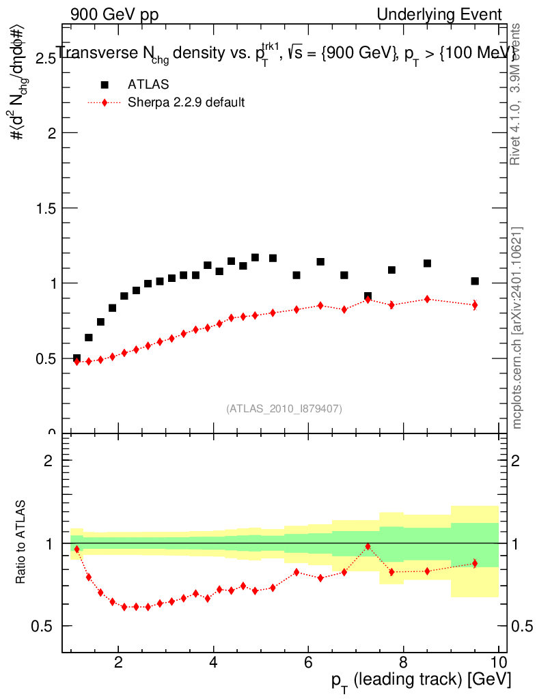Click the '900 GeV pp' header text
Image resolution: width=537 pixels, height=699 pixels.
click(114, 14)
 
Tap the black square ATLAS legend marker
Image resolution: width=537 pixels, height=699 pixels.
click(105, 85)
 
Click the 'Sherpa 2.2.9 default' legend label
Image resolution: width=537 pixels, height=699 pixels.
click(186, 103)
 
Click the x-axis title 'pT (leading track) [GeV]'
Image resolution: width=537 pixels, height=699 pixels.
click(422, 680)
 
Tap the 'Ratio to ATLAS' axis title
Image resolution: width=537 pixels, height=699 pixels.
click(21, 542)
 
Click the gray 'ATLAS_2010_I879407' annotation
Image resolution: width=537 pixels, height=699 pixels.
click(284, 409)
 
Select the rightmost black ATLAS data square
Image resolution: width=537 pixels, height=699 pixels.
click(475, 281)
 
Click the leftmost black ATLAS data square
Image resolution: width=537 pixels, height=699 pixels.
click(77, 358)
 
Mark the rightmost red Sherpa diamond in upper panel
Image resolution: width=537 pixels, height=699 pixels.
click(475, 305)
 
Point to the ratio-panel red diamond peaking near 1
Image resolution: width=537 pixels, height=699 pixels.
click(368, 546)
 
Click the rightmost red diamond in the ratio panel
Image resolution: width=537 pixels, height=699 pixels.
click(475, 563)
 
